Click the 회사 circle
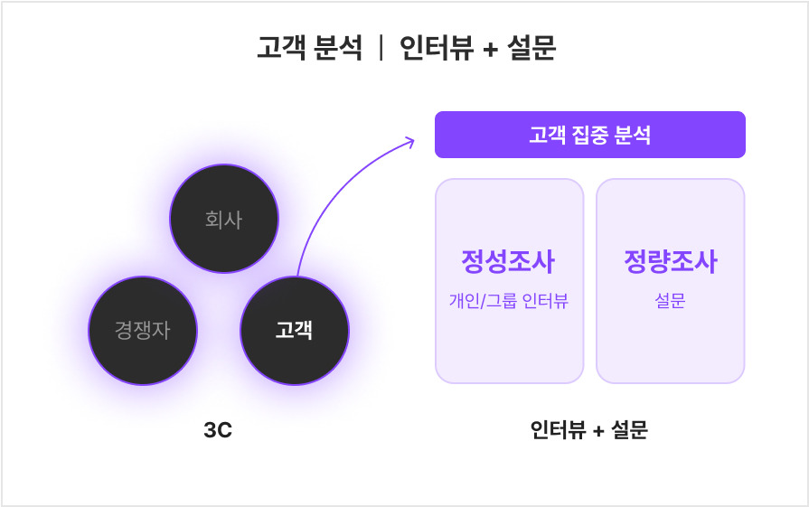coord(224,219)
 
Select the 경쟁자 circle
coord(143,330)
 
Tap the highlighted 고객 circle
coord(294,330)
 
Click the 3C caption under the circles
coord(218,431)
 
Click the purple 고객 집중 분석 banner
coord(589,135)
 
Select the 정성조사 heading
coord(508,262)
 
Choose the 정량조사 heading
coord(670,262)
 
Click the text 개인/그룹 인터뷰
coord(508,301)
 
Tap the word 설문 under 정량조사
coord(670,301)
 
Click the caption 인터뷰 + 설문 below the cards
coord(589,430)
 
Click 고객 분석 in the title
coord(310,47)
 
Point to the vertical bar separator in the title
coord(381,47)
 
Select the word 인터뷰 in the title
coord(437,47)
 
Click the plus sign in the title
coord(490,48)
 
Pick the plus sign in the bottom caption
coord(597,431)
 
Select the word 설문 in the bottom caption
coord(629,430)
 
